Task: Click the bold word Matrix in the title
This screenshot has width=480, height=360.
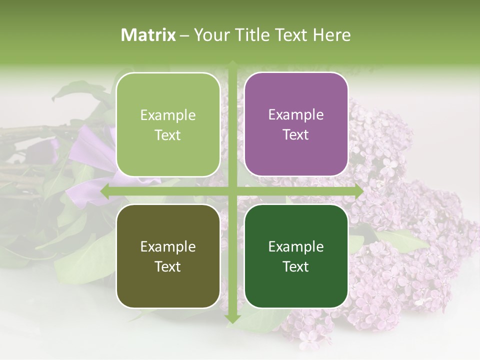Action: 148,35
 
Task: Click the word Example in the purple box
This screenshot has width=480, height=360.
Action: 296,115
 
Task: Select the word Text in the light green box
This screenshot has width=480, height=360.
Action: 168,135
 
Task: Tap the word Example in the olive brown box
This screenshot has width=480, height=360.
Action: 168,246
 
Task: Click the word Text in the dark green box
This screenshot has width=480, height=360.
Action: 296,266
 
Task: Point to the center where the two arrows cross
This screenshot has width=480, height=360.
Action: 232,191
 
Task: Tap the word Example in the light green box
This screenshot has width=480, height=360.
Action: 168,115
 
